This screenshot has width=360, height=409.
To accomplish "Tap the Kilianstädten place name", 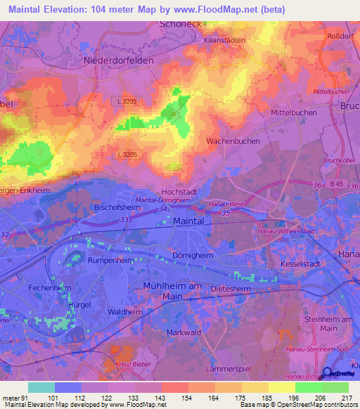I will pos(224,40).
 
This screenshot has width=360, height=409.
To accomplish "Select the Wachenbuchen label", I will pos(233,141).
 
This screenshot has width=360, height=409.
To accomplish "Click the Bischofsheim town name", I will pos(118,208).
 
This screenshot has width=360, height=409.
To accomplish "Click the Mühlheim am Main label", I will pos(172,290).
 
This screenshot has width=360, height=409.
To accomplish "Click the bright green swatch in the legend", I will pos(308,387).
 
